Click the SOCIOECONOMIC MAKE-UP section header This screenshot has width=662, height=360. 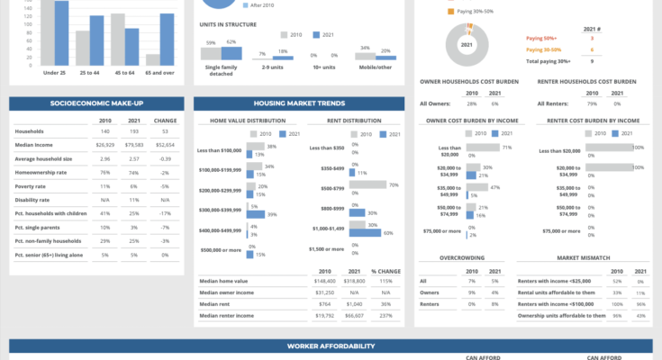click(x=97, y=103)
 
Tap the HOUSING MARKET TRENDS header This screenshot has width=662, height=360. click(x=299, y=103)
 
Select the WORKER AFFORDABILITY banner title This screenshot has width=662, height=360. click(x=331, y=346)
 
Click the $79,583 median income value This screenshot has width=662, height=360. click(x=134, y=143)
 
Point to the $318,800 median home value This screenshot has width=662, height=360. click(x=354, y=280)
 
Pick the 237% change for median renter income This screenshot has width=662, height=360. click(x=386, y=315)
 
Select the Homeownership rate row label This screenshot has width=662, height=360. click(x=42, y=172)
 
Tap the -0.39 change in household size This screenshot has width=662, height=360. click(x=165, y=157)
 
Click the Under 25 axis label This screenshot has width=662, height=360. click(x=56, y=71)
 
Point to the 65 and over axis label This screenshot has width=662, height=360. click(x=160, y=71)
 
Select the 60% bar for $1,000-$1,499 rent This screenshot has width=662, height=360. click(x=366, y=233)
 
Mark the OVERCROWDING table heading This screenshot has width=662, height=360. click(x=459, y=257)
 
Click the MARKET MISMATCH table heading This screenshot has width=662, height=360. click(x=582, y=257)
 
